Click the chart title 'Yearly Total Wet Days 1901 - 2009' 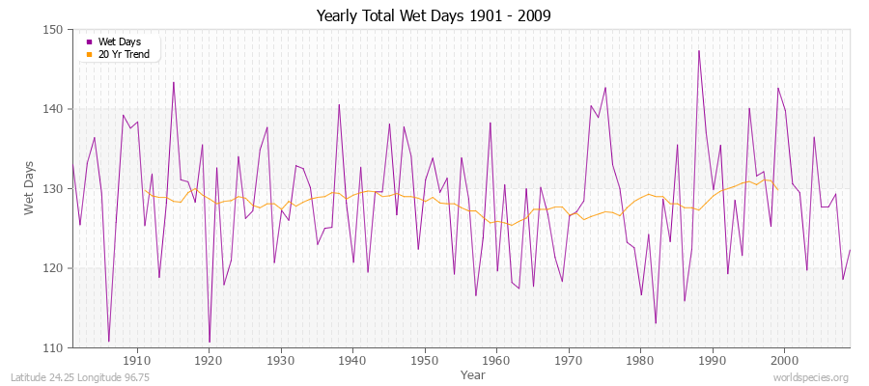(x=434, y=16)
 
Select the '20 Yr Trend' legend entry (x=122, y=53)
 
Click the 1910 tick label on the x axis (x=137, y=360)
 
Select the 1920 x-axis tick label (x=209, y=360)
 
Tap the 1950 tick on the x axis (x=425, y=360)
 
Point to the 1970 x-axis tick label (x=569, y=360)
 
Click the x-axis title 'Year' (x=473, y=374)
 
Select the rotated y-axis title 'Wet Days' (x=30, y=188)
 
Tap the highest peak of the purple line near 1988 (x=698, y=50)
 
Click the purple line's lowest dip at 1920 (x=210, y=343)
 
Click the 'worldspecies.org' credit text (x=811, y=377)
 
